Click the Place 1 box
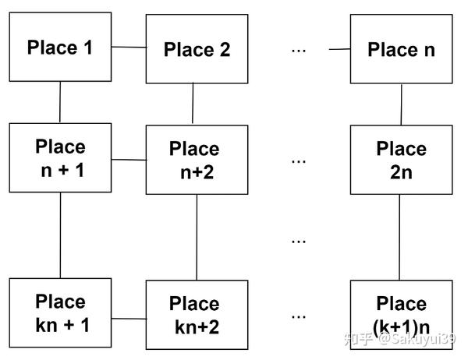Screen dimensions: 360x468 60,48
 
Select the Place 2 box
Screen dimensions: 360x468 197,49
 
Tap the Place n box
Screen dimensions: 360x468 401,49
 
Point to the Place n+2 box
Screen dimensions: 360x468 197,160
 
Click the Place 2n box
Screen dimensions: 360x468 401,160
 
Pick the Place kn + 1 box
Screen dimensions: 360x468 60,312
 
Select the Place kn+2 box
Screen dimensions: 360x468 197,315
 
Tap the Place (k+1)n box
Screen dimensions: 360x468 401,315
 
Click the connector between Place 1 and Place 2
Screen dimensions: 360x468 129,48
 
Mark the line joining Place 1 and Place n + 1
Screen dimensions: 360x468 60,103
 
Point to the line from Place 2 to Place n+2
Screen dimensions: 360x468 193,104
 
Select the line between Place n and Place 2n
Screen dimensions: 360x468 401,104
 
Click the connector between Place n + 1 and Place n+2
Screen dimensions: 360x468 129,159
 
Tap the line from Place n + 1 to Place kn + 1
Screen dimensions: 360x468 60,234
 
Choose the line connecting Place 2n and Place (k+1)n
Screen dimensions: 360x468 400,238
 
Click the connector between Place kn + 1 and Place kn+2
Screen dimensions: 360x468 129,318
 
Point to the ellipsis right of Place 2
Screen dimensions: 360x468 299,50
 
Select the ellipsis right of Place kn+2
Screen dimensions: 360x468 299,316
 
